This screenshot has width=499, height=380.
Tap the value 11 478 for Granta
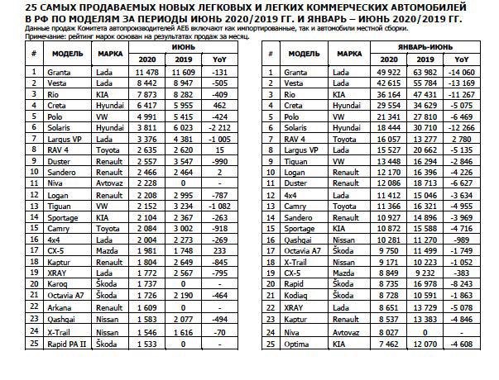click(146, 72)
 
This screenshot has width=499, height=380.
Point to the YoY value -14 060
click(462, 72)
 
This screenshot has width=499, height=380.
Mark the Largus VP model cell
click(63, 141)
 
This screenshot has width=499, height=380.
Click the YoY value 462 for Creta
click(219, 107)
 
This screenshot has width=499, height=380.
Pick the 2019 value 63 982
click(429, 72)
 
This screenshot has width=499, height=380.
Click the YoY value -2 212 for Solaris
click(219, 130)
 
